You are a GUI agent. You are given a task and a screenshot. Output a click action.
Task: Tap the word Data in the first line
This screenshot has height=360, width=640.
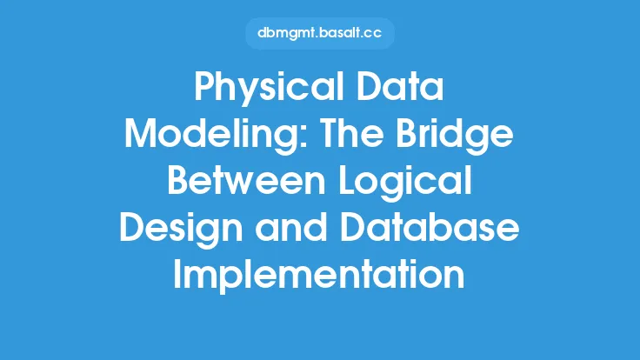pyautogui.click(x=400, y=87)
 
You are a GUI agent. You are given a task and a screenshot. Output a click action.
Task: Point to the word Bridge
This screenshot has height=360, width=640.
pyautogui.click(x=455, y=136)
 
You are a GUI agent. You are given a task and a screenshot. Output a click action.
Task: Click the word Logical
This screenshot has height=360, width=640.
pyautogui.click(x=405, y=183)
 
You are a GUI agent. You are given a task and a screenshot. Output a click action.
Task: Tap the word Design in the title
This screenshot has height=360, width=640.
pyautogui.click(x=181, y=230)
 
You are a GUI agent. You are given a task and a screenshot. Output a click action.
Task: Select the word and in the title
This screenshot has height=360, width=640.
pyautogui.click(x=291, y=227)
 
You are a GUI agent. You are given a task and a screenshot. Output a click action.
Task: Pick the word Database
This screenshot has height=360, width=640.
pyautogui.click(x=430, y=227)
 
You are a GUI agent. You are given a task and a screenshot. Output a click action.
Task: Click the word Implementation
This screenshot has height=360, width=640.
pyautogui.click(x=319, y=277)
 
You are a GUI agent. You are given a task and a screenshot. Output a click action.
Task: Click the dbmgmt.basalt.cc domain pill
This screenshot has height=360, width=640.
pyautogui.click(x=320, y=33)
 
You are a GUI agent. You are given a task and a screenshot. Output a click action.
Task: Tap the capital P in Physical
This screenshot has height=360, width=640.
pyautogui.click(x=205, y=87)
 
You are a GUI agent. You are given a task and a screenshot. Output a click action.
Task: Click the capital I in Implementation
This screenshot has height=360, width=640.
pyautogui.click(x=177, y=273)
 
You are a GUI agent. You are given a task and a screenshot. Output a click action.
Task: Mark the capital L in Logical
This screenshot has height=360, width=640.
pyautogui.click(x=347, y=180)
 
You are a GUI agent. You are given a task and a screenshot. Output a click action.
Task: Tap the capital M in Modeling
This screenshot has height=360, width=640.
pyautogui.click(x=141, y=133)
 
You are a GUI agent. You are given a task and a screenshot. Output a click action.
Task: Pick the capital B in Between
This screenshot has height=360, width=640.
pyautogui.click(x=179, y=180)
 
